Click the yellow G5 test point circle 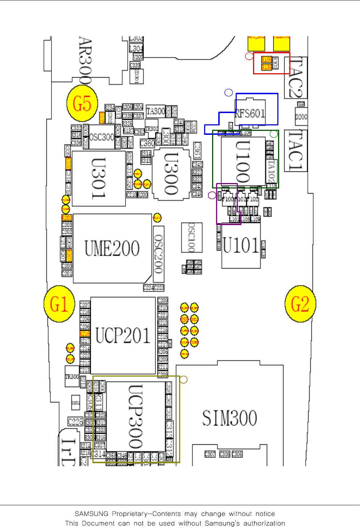pyautogui.click(x=82, y=103)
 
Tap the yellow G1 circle pyautogui.click(x=59, y=304)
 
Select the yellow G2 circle pyautogui.click(x=300, y=304)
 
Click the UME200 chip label pyautogui.click(x=112, y=249)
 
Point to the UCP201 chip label pyautogui.click(x=123, y=336)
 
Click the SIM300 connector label pyautogui.click(x=229, y=418)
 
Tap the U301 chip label pyautogui.click(x=99, y=178)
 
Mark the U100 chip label pyautogui.click(x=243, y=162)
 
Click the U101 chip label pyautogui.click(x=241, y=245)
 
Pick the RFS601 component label pyautogui.click(x=250, y=114)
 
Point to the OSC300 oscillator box pyautogui.click(x=102, y=137)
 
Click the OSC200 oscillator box pyautogui.click(x=158, y=254)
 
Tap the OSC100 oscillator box pyautogui.click(x=191, y=237)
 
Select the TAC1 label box pyautogui.click(x=295, y=150)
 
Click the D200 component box pyautogui.click(x=301, y=117)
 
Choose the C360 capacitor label pyautogui.click(x=147, y=144)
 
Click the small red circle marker pyautogui.click(x=249, y=56)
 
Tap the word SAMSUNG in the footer pyautogui.click(x=91, y=514)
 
